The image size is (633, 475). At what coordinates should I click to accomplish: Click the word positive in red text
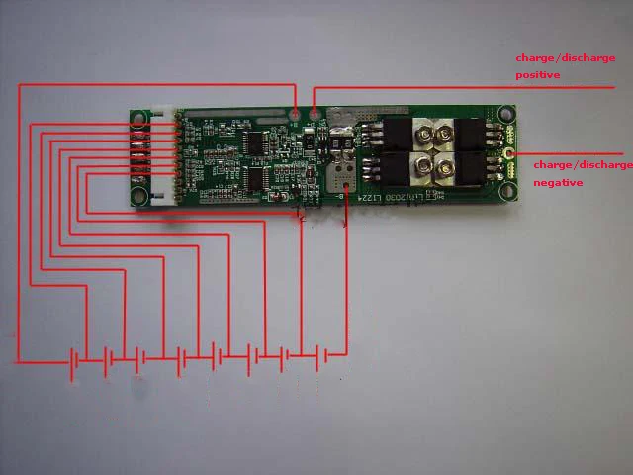(538, 75)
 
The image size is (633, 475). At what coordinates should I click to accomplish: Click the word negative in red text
(558, 183)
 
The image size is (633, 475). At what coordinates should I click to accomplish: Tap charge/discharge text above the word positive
(565, 58)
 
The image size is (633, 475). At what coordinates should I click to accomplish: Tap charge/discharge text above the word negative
(583, 165)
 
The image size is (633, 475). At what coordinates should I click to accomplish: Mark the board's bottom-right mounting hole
(508, 196)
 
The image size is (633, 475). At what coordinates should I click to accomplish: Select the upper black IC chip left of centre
(252, 144)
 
